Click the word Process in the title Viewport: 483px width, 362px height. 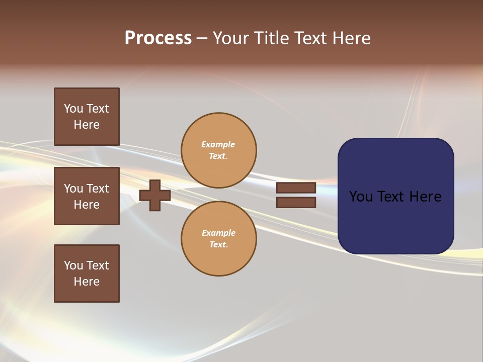pos(158,38)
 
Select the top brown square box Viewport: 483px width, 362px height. pos(87,117)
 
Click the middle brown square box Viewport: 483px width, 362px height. pos(87,196)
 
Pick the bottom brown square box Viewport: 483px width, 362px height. pos(87,274)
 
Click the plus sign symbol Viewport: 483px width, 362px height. pos(155,195)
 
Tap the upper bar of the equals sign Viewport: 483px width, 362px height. pos(296,188)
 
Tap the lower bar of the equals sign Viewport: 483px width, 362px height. pos(296,202)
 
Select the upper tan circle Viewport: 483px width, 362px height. pos(219,150)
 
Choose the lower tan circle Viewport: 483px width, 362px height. pos(219,239)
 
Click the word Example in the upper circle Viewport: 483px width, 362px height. pos(218,144)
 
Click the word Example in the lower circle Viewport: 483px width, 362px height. pos(218,233)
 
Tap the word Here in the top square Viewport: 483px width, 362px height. pos(87,125)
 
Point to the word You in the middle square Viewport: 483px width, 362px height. pos(73,189)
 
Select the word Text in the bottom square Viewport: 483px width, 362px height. pos(98,265)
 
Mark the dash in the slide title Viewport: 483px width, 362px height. pos(202,38)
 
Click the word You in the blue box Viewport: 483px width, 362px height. pos(360,197)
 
